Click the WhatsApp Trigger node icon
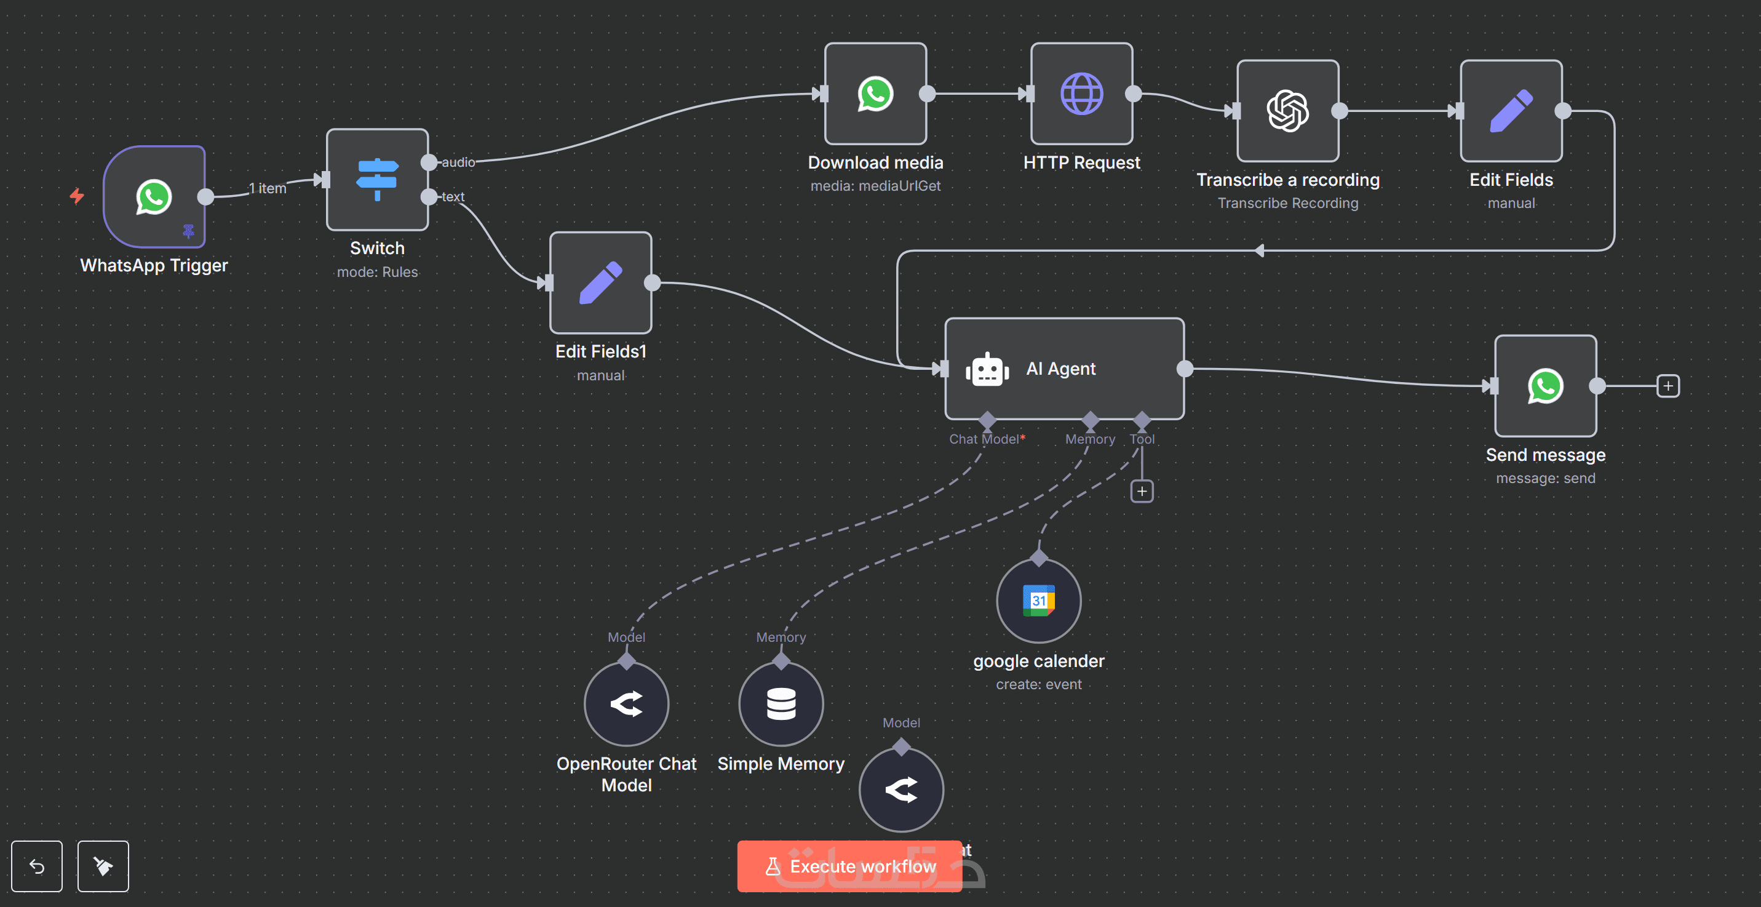point(154,197)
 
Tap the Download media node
point(875,94)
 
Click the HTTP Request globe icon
point(1081,94)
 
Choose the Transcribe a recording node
point(1287,111)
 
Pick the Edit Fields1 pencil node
point(600,282)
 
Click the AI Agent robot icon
point(987,369)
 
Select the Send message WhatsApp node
point(1545,386)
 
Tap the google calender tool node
point(1038,601)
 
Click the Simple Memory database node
point(781,704)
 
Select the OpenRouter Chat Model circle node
point(626,704)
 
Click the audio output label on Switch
point(458,162)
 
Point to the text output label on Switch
point(453,197)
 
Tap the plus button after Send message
point(1668,386)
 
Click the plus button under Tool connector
point(1142,491)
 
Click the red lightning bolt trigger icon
point(76,196)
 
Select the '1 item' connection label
point(268,188)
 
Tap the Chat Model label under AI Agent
point(984,439)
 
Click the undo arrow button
point(37,866)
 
